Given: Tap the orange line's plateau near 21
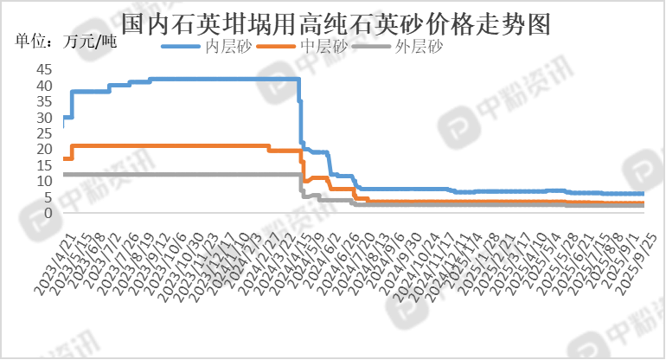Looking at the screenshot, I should coord(173,145).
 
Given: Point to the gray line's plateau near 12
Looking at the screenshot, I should coord(173,175).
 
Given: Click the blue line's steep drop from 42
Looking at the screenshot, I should coord(300,112).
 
